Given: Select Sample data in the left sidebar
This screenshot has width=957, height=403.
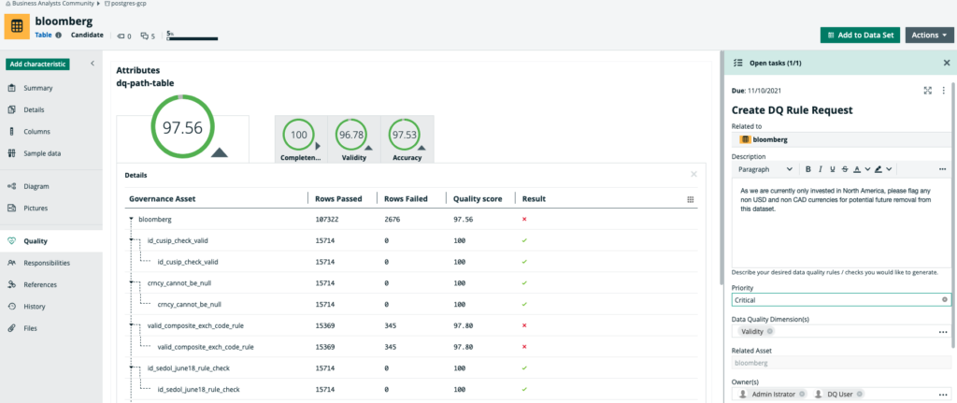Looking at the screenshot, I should click(43, 153).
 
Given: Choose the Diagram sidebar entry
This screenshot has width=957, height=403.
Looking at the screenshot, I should click(36, 186).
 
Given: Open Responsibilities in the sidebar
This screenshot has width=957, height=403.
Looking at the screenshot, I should click(47, 263).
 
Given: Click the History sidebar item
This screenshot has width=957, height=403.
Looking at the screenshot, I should click(35, 306).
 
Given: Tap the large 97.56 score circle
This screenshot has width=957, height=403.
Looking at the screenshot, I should click(182, 128).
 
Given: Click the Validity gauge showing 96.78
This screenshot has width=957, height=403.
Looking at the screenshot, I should click(351, 136).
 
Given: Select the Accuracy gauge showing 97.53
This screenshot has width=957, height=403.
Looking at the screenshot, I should click(405, 136).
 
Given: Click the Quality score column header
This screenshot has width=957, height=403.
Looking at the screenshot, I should click(478, 198).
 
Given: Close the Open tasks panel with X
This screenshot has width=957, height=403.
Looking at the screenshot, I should click(946, 63).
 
